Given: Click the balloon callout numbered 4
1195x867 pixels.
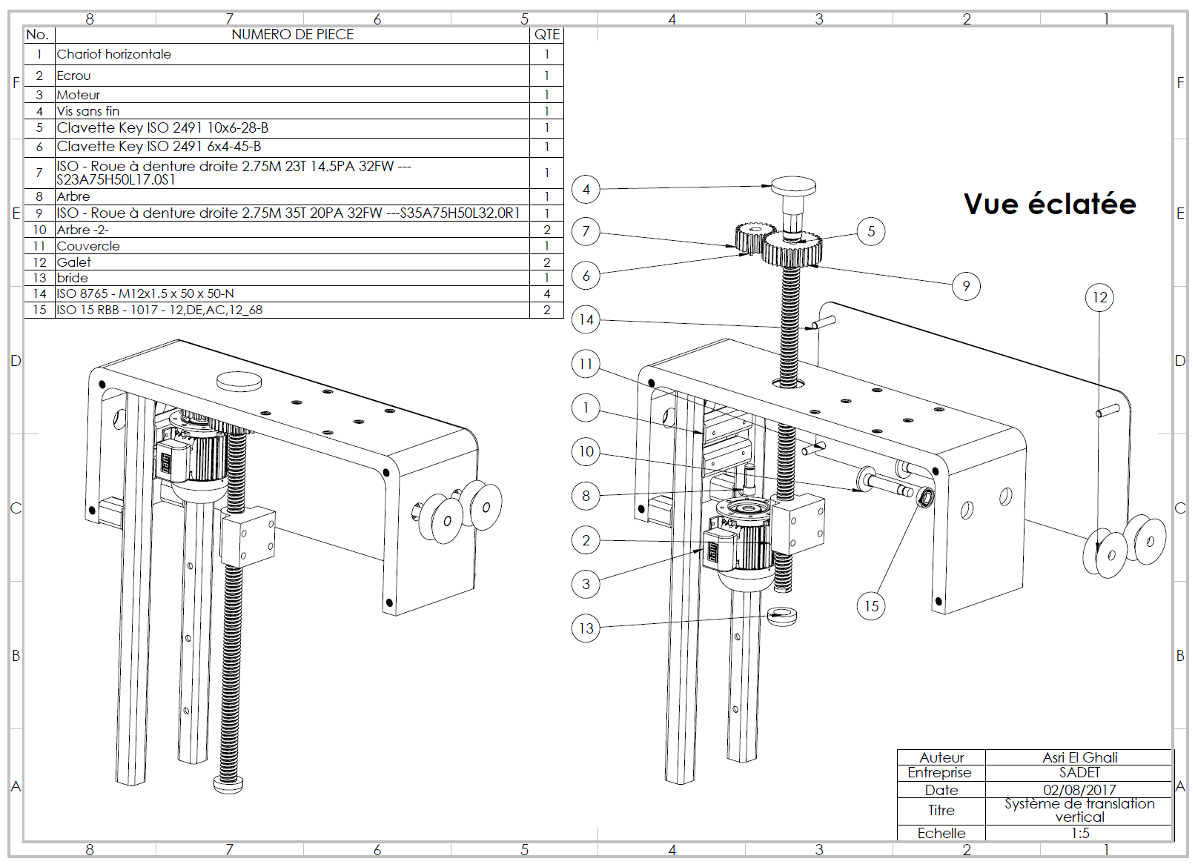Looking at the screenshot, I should tap(586, 189).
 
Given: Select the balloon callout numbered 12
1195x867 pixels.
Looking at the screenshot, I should tap(1099, 297).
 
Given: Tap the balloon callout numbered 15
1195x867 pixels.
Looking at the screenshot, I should tap(871, 606).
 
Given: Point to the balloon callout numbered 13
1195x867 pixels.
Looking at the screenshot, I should tap(586, 628).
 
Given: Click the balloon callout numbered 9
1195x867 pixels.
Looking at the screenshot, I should tap(966, 286).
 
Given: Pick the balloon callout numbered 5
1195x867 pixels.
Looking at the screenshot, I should tap(871, 231).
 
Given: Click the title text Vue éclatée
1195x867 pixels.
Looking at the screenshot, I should tap(1049, 204).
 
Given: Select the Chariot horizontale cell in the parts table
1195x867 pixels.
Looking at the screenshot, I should tap(114, 54).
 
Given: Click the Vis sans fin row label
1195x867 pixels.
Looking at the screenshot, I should tap(88, 111).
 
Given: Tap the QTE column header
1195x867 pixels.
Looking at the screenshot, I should tap(547, 34).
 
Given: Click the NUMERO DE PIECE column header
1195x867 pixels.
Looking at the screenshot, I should tap(292, 34).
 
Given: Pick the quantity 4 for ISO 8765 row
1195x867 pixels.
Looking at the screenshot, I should tap(547, 293).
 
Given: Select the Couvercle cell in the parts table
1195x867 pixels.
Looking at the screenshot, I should tap(88, 246).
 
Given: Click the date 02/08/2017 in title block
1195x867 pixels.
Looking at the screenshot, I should tap(1079, 790).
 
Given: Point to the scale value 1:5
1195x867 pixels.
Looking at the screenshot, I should tap(1079, 833).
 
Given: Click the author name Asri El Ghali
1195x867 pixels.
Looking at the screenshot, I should tap(1079, 757).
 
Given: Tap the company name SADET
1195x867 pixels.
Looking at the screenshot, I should tap(1079, 772).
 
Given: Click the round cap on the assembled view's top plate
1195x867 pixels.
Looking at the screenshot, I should tap(239, 381).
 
